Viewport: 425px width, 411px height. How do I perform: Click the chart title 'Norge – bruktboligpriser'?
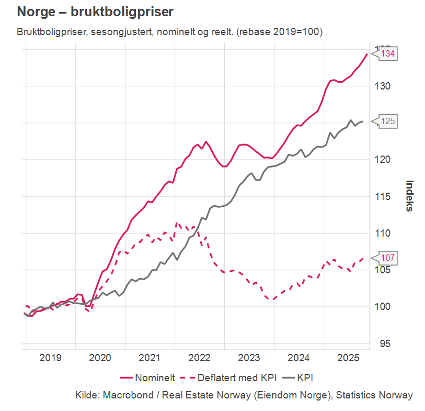point(95,12)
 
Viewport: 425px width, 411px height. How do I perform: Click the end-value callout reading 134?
point(387,54)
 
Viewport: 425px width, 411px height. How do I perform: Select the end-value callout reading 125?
point(387,121)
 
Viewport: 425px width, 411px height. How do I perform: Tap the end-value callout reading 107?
point(387,258)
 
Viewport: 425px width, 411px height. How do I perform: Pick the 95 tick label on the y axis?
point(385,343)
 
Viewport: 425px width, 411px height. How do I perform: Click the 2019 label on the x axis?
point(51,358)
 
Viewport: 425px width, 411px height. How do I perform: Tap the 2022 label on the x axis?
point(199,358)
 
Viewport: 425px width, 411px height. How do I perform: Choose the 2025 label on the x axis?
point(348,358)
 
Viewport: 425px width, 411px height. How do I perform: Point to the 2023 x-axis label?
point(249,358)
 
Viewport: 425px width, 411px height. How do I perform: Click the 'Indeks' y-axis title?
point(410,196)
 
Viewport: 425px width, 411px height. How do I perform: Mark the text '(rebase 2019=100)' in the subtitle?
point(280,32)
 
